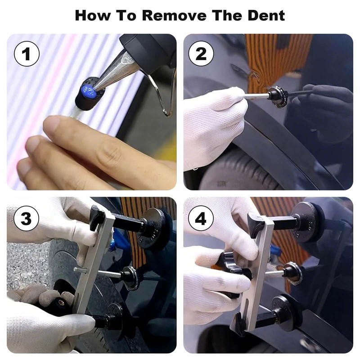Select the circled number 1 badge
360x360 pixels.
point(27,54)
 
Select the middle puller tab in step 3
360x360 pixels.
point(130,275)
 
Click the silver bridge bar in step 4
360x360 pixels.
point(254,274)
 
